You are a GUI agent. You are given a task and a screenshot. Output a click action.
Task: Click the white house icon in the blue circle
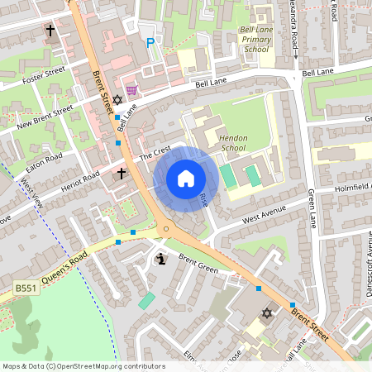(x=186, y=178)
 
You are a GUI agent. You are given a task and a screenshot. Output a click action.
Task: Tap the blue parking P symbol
(x=150, y=43)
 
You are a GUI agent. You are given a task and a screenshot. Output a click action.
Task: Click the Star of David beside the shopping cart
(x=117, y=100)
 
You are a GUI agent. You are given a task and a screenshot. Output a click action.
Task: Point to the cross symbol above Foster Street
(x=50, y=31)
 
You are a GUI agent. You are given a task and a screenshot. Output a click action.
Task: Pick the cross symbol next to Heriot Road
(x=122, y=174)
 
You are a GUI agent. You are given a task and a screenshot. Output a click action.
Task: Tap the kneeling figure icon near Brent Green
(x=160, y=260)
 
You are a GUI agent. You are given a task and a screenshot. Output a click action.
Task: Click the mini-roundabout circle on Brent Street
(x=166, y=229)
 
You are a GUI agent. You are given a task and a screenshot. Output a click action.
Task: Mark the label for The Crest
(x=154, y=155)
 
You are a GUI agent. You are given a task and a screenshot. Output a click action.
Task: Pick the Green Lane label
(x=312, y=206)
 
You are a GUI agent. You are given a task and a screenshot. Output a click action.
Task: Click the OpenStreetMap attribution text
(x=83, y=366)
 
